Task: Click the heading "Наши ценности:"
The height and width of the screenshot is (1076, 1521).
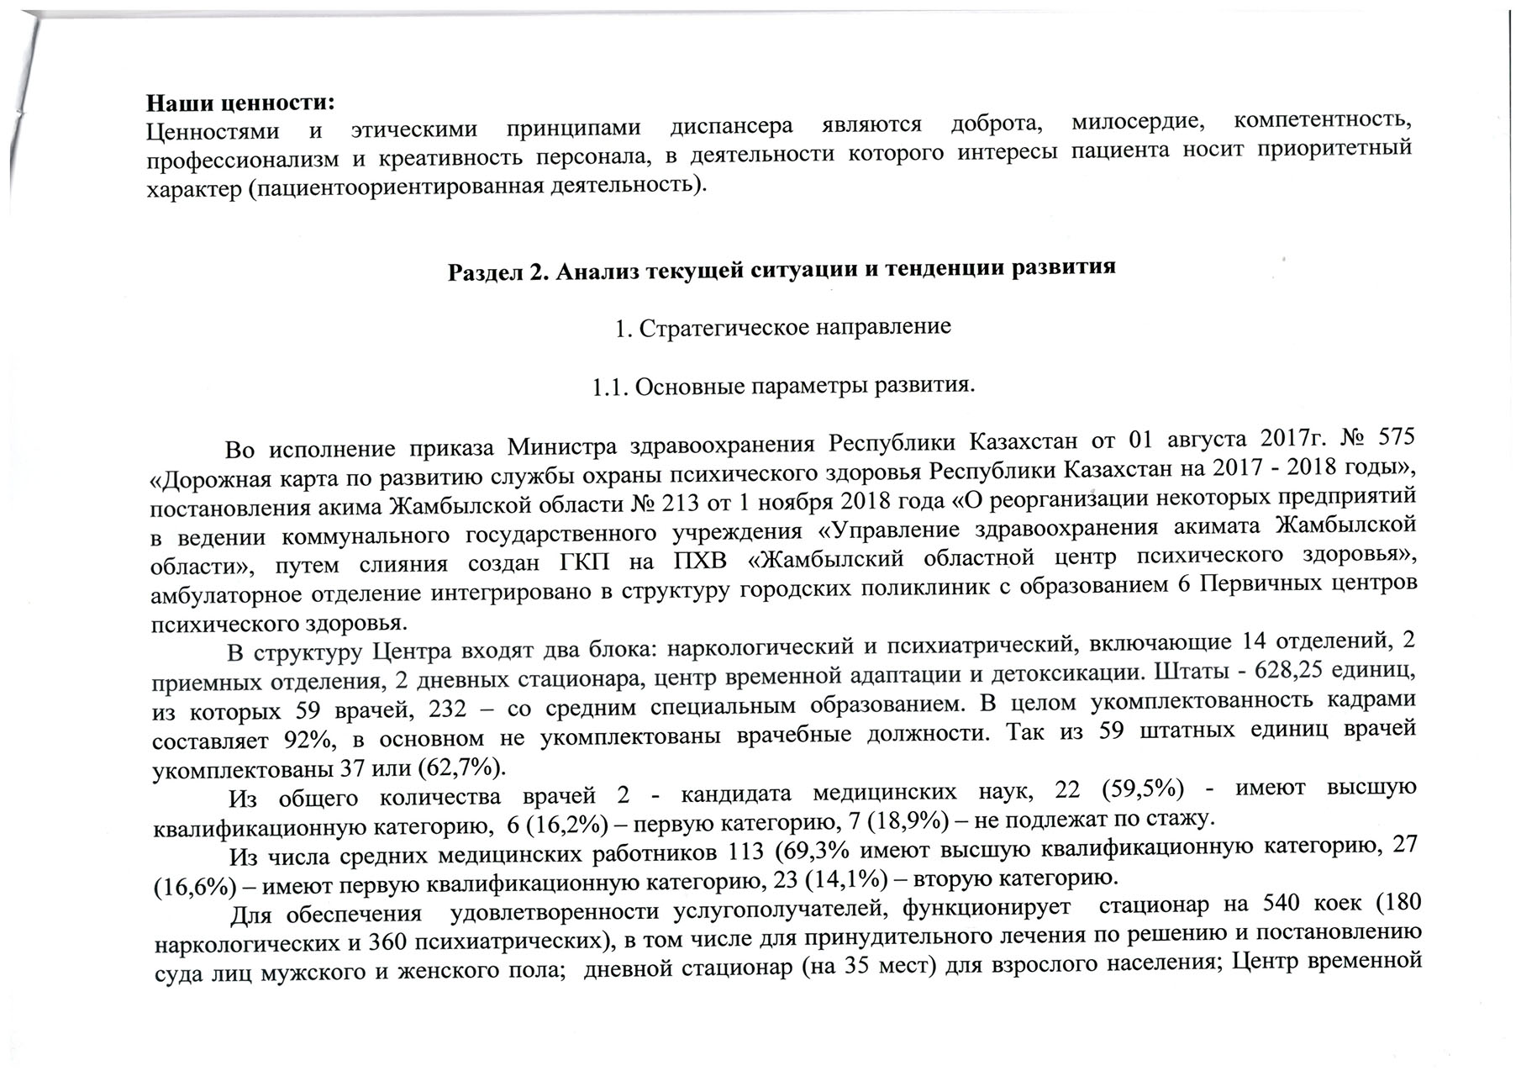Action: tap(241, 103)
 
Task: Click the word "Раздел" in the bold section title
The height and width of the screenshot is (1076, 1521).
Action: tap(482, 272)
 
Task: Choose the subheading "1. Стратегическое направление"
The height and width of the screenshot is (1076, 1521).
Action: tap(782, 326)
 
